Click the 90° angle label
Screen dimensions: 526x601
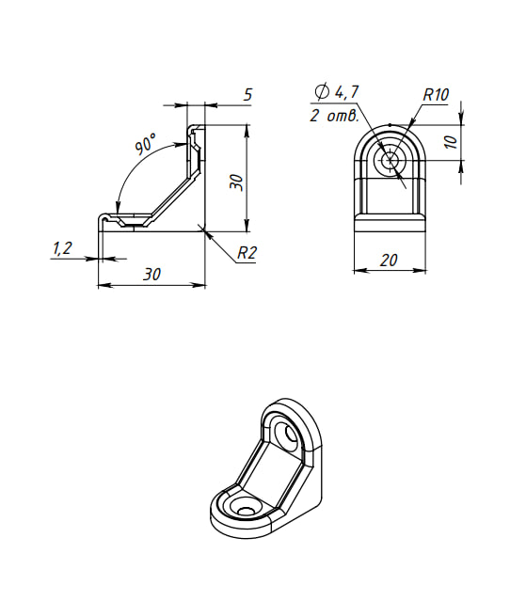coord(145,144)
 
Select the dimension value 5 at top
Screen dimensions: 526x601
coord(248,94)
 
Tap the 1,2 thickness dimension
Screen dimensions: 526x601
coord(62,248)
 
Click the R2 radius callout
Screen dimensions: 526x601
coord(247,253)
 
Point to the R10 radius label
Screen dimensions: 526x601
coord(436,94)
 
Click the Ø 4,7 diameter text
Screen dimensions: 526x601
coord(337,92)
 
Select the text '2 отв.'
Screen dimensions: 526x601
coord(335,116)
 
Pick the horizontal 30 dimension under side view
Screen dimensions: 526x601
coord(151,275)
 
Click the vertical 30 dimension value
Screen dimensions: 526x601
coord(236,182)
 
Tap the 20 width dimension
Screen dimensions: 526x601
coord(389,261)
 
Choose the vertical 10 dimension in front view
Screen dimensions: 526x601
coord(451,142)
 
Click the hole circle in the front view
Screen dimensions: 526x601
coord(391,161)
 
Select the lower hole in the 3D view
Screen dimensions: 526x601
coord(245,511)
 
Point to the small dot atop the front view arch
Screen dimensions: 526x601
coord(390,124)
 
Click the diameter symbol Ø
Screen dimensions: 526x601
coord(322,91)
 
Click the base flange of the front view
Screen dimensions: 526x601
coord(390,223)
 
